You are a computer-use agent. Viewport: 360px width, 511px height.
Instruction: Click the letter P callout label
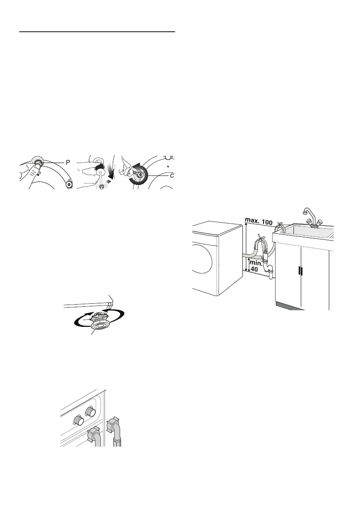point(68,162)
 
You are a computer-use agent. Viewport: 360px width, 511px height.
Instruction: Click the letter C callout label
point(172,175)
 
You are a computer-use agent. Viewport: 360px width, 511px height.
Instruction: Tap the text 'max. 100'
point(259,222)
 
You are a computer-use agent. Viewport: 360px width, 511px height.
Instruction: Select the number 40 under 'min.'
point(254,269)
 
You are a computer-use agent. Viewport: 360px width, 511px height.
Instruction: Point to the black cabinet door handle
point(300,271)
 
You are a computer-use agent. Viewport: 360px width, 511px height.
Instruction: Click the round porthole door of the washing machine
point(202,262)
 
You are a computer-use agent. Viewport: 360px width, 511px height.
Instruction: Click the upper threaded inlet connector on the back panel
point(91,412)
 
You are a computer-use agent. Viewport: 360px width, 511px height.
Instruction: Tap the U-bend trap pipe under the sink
point(269,268)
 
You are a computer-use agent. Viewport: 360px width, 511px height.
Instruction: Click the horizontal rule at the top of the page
point(97,32)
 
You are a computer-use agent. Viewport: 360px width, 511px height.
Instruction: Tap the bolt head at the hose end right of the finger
point(68,184)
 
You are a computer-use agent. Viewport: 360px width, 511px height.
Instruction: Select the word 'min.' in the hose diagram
point(256,263)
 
